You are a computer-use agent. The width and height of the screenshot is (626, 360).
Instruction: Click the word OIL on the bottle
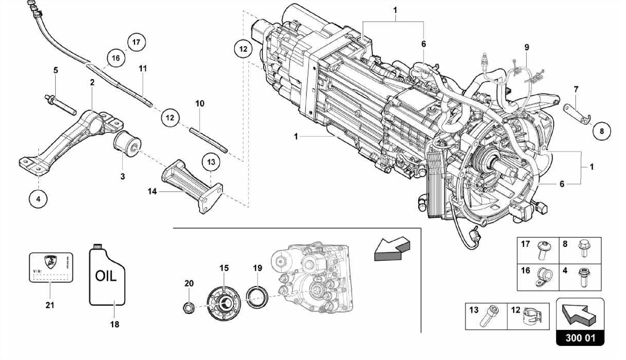coord(106,276)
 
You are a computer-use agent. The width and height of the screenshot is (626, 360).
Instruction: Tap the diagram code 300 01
coord(580,338)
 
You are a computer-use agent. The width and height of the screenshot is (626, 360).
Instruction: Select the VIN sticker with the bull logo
coord(51,267)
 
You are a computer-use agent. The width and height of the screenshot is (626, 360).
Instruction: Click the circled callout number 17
coord(136,42)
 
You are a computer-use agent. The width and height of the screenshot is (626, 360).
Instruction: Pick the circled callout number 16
coord(116,58)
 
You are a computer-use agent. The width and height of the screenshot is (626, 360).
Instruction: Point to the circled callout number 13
coord(211,162)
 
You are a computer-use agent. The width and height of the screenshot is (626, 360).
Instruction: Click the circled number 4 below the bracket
coord(38,199)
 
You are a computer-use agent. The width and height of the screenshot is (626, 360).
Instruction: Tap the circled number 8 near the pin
coord(602,131)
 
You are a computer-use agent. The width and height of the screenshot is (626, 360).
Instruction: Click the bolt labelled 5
coord(61,105)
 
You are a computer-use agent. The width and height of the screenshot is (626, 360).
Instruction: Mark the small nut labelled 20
coord(189,307)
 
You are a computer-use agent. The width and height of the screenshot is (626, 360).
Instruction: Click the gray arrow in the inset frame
coord(392,249)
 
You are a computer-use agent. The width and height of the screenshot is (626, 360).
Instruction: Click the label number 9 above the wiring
coord(527,47)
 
